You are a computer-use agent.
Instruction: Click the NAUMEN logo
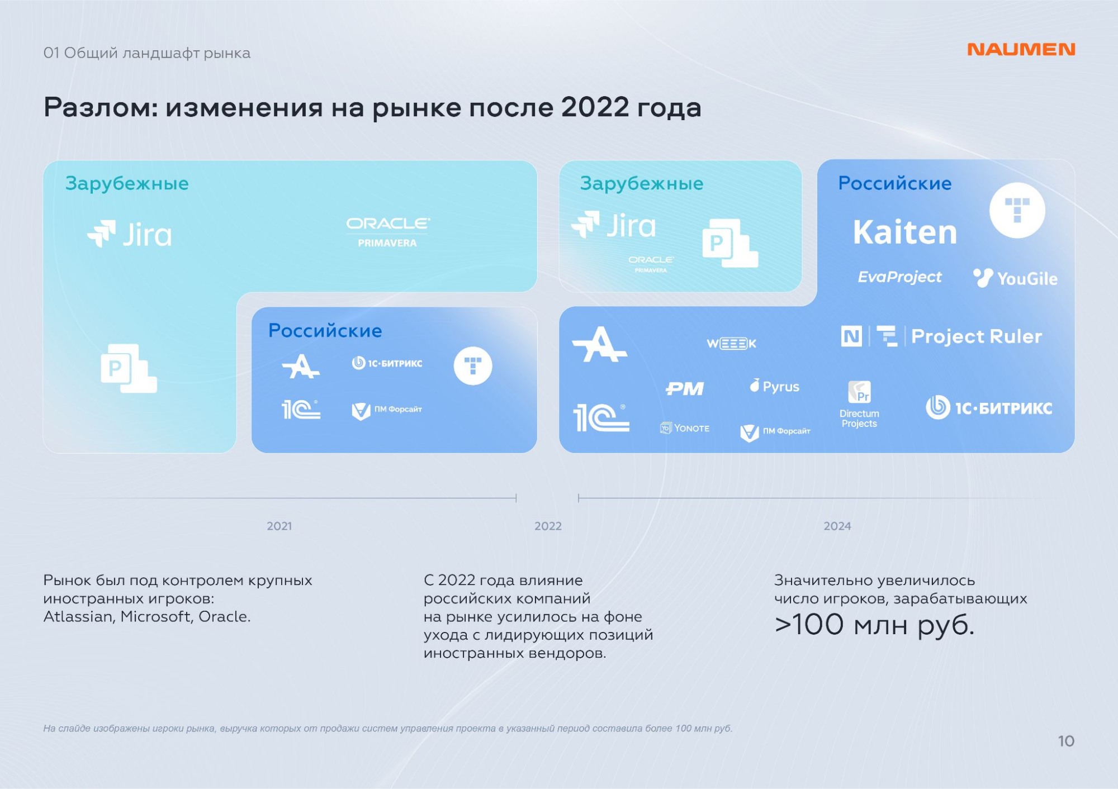[x=1021, y=49]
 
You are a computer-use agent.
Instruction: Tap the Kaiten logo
[x=905, y=232]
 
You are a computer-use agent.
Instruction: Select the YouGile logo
[x=1015, y=278]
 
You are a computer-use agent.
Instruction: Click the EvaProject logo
[x=899, y=277]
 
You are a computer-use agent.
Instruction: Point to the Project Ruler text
[x=977, y=336]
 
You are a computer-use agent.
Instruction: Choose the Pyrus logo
[x=774, y=386]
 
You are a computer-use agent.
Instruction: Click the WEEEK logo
[x=731, y=343]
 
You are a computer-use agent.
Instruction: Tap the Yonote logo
[x=685, y=428]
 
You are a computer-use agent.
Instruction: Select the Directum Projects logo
[x=859, y=405]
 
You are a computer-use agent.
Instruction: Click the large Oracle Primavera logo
[x=388, y=232]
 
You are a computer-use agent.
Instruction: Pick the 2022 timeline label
[x=548, y=526]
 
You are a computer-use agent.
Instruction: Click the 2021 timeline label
[x=279, y=526]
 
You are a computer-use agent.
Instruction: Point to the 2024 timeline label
[x=837, y=526]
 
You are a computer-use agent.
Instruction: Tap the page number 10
[x=1066, y=741]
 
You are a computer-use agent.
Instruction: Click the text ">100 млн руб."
[x=874, y=625]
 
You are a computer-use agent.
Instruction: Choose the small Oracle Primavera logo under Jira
[x=651, y=264]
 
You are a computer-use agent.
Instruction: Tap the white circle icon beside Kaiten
[x=1017, y=211]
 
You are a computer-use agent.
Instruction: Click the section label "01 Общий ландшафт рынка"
[x=146, y=53]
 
